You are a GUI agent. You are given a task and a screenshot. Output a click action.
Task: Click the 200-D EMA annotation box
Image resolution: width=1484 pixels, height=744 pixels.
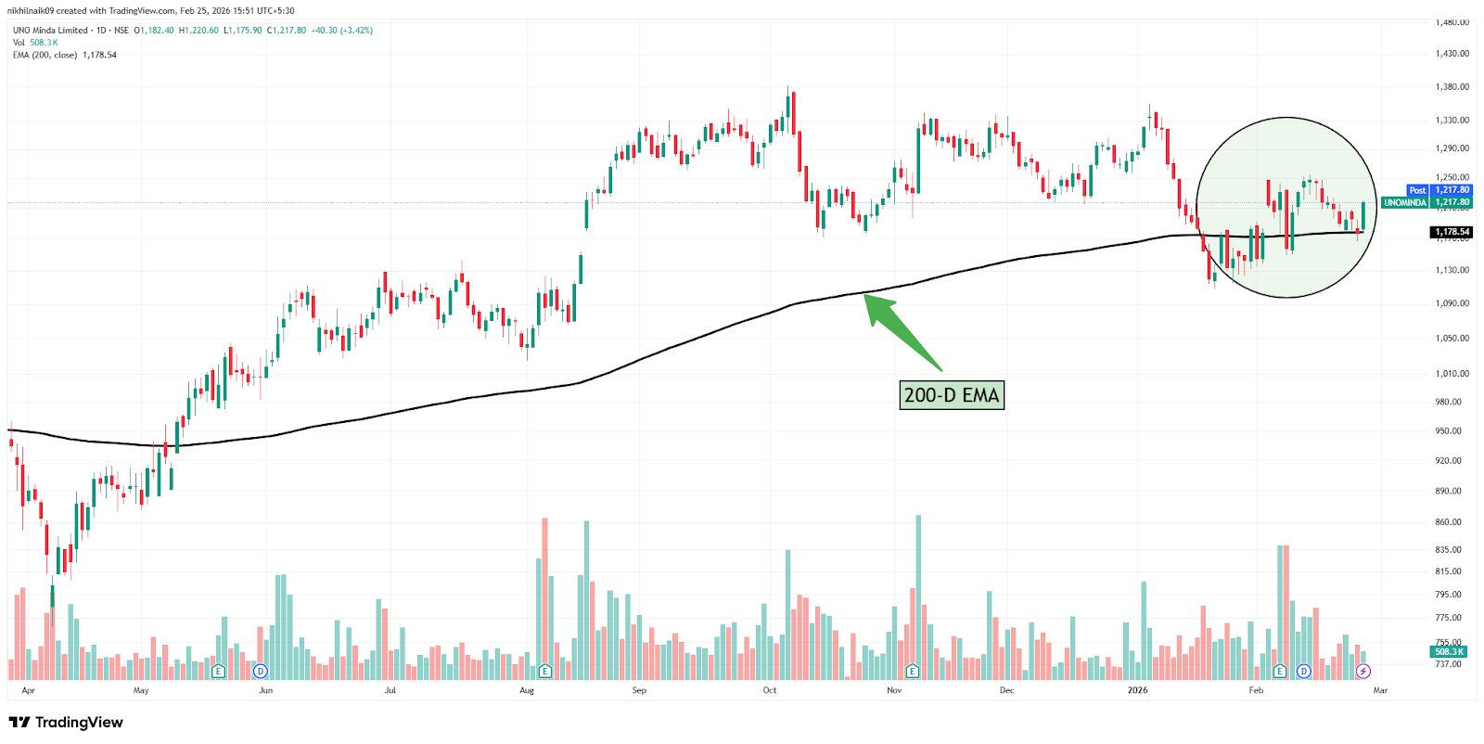[952, 395]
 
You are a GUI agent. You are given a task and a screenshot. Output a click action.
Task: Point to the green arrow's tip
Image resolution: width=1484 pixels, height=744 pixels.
[866, 295]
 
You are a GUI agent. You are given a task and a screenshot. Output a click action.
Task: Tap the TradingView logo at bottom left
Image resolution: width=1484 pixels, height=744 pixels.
[66, 723]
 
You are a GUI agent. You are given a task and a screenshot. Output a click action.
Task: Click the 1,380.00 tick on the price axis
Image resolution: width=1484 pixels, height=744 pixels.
[1452, 87]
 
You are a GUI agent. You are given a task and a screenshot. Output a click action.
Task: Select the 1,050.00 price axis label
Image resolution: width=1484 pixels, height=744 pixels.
[1452, 339]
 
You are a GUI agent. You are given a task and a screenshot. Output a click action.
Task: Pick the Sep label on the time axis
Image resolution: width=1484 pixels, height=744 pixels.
[639, 690]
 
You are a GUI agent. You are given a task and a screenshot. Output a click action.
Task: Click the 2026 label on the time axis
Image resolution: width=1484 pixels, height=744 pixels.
[1137, 690]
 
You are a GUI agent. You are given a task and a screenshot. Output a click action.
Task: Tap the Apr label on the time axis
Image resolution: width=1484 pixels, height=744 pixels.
[28, 690]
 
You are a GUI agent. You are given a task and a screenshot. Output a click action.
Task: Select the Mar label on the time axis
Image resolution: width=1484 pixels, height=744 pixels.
[1380, 690]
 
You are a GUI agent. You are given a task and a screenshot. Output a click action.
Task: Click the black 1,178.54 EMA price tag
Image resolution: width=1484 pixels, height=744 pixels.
[1452, 232]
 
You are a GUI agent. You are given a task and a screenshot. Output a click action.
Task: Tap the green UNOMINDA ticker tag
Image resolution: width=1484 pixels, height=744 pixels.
[1404, 202]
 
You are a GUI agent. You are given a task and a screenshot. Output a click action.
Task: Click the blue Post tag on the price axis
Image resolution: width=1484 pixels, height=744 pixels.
[1417, 190]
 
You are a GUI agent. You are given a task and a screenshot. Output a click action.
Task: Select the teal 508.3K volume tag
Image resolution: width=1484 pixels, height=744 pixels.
[1449, 652]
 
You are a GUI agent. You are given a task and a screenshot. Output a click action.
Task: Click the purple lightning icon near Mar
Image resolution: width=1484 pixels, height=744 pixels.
[1362, 671]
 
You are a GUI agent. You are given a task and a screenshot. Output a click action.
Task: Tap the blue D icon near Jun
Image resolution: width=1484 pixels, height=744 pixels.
[261, 671]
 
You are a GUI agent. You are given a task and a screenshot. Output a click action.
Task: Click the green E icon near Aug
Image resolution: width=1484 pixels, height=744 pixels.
[544, 671]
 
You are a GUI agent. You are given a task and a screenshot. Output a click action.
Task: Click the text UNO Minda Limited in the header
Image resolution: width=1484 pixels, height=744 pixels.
[50, 31]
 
